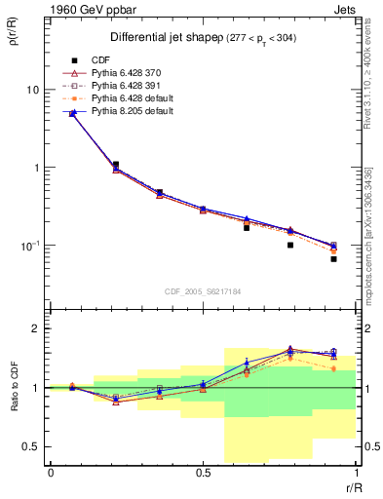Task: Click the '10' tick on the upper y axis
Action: [x=31, y=90]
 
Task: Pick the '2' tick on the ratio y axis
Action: [x=35, y=329]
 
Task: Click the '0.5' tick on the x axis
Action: [x=203, y=474]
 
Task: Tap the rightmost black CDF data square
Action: [x=333, y=259]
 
